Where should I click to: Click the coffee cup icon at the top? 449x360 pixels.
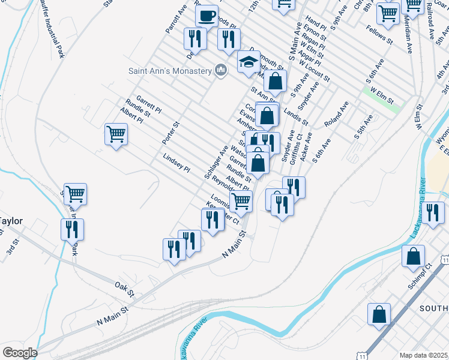pos(206,16)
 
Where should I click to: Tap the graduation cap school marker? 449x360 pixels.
pos(249,62)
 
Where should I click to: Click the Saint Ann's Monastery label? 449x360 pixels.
pos(170,71)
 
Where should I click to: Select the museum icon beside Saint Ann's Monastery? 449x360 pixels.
pos(221,71)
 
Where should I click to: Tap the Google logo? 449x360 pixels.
pos(19,353)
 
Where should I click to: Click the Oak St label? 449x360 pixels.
pos(125,288)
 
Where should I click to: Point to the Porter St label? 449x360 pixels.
pos(171,134)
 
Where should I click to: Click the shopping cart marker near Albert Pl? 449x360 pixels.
pos(116,134)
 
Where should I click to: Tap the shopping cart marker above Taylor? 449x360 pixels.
pos(76,194)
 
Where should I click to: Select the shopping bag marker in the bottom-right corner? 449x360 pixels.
pos(379,314)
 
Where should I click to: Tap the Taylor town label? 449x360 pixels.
pos(11,221)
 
